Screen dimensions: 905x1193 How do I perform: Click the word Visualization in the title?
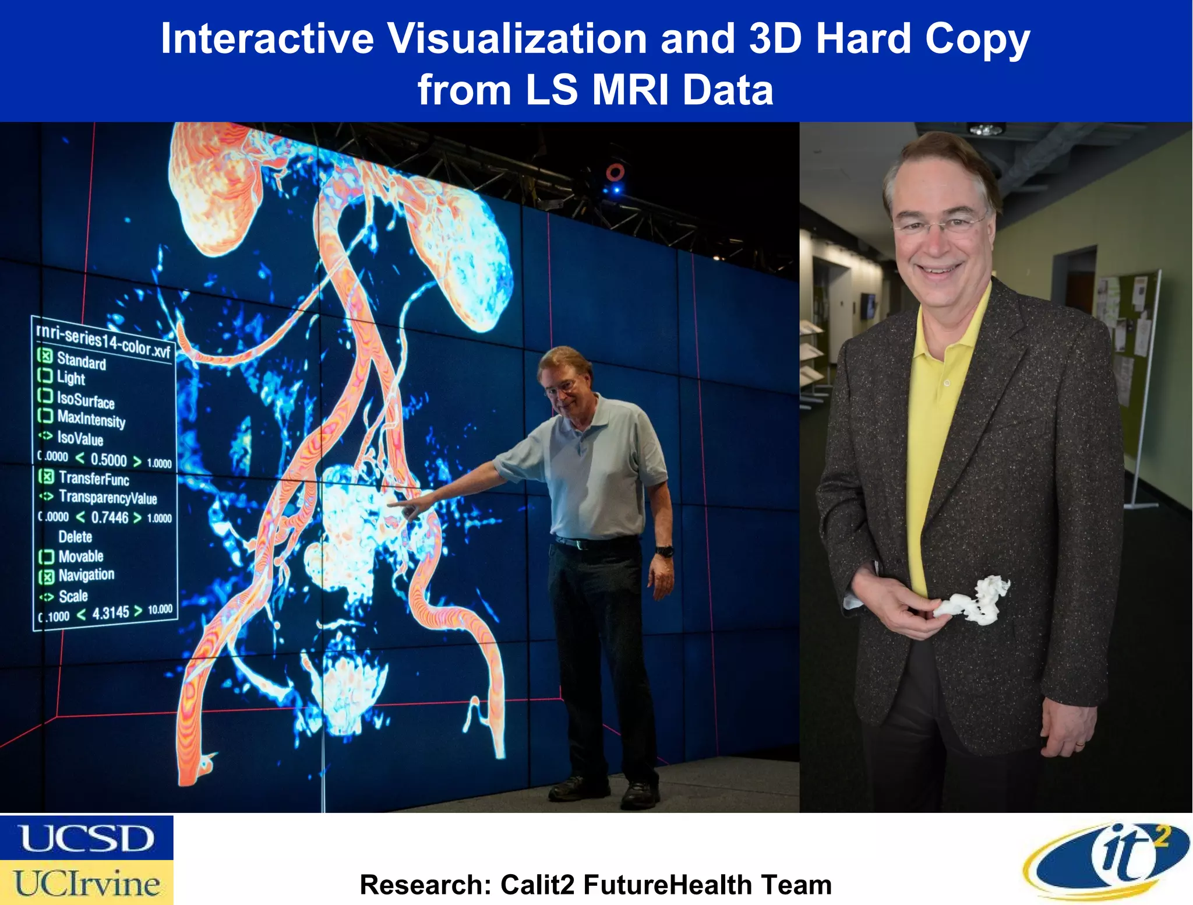(517, 38)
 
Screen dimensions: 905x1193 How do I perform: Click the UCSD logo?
(86, 838)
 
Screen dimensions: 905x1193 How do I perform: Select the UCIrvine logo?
(86, 883)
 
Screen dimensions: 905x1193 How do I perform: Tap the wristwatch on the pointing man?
(664, 550)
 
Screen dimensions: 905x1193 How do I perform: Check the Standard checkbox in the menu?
(45, 355)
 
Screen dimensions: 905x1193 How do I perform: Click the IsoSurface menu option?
(85, 400)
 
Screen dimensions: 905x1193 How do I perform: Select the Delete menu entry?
(75, 537)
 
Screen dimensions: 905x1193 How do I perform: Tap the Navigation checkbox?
(46, 576)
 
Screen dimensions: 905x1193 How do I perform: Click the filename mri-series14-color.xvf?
(103, 340)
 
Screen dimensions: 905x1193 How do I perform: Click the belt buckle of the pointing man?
(578, 545)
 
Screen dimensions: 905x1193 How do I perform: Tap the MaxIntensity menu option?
(91, 419)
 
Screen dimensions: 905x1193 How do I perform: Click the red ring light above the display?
(615, 172)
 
